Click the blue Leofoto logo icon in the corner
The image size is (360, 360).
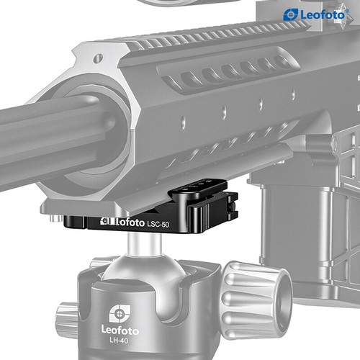(291, 14)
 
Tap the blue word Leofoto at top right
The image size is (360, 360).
(323, 15)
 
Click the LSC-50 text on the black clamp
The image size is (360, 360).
(158, 225)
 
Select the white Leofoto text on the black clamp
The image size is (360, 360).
(122, 222)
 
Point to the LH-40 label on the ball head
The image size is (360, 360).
(119, 340)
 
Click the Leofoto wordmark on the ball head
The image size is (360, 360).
(120, 330)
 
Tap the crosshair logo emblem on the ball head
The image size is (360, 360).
(120, 313)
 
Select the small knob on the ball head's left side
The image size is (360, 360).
(67, 317)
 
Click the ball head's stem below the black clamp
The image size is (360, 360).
(144, 243)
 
